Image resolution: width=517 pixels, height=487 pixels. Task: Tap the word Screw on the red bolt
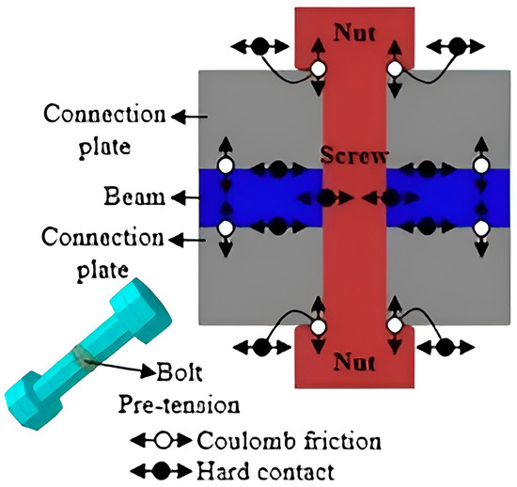pyautogui.click(x=352, y=156)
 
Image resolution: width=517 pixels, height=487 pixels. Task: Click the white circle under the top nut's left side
pyautogui.click(x=319, y=71)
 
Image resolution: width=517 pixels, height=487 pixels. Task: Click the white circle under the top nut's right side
pyautogui.click(x=396, y=71)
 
